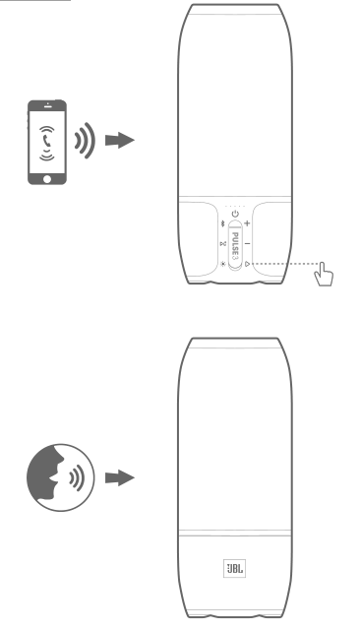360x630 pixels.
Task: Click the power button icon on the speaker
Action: pyautogui.click(x=235, y=214)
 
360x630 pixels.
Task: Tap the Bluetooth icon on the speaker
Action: pyautogui.click(x=223, y=223)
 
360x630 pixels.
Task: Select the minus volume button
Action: pyautogui.click(x=247, y=243)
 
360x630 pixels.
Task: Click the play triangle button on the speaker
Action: pyautogui.click(x=247, y=264)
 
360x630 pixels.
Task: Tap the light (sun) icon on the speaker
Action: pyautogui.click(x=223, y=265)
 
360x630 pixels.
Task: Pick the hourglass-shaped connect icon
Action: pyautogui.click(x=223, y=244)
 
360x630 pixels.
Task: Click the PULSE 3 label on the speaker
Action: pyautogui.click(x=235, y=245)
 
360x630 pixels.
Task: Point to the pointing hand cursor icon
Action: pyautogui.click(x=324, y=275)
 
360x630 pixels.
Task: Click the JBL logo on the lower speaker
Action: pyautogui.click(x=234, y=569)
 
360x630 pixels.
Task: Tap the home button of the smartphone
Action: pyautogui.click(x=47, y=179)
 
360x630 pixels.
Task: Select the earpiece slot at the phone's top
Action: pyautogui.click(x=47, y=107)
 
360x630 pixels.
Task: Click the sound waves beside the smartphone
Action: pyautogui.click(x=86, y=140)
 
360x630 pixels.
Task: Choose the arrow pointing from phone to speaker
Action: pyautogui.click(x=120, y=140)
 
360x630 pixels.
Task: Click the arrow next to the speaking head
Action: pyautogui.click(x=120, y=477)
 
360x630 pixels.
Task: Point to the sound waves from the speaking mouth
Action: pyautogui.click(x=77, y=477)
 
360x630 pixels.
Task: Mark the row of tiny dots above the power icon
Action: pyautogui.click(x=235, y=206)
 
